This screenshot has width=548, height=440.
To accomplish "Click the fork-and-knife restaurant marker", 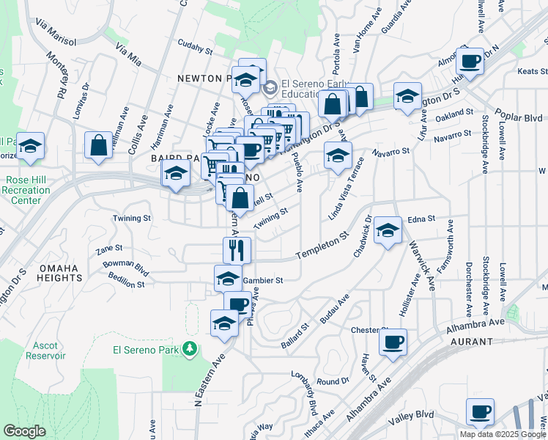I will coord(237,250).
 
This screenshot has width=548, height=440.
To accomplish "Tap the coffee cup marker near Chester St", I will coord(393,342).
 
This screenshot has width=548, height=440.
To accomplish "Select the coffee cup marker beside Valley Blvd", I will coord(480,411).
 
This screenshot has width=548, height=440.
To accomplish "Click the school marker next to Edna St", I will coord(388,230).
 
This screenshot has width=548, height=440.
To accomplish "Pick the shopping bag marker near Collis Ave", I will coord(98,145).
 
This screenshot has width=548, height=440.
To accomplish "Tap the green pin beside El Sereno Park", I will coord(190,348).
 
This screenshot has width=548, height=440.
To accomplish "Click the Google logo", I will coord(24,431).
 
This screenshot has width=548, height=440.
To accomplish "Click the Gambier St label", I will coord(262,280).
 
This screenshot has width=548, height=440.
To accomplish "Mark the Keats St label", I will coord(532,71).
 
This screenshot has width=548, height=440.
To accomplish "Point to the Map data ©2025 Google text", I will coord(503,434).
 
